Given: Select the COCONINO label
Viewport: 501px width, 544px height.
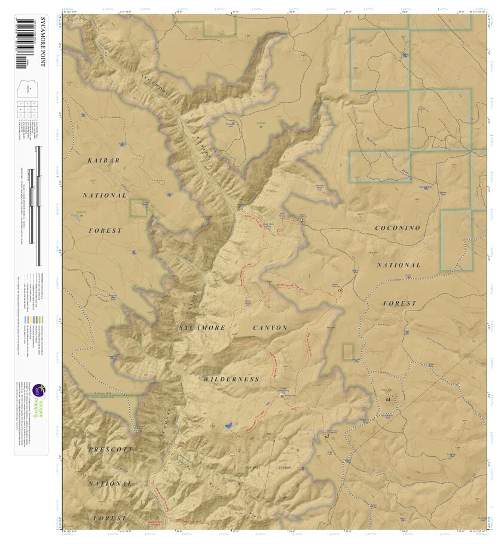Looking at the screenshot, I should click(398, 228).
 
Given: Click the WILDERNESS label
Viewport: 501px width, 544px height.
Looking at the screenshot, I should click(231, 379).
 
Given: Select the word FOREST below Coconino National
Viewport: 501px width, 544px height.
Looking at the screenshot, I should click(399, 303).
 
